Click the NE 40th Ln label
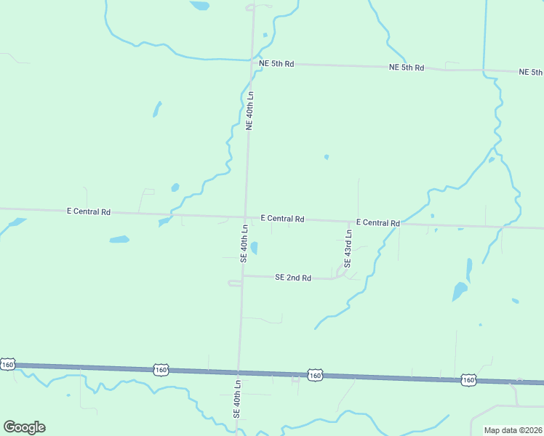tap(249, 110)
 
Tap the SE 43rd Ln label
tap(348, 249)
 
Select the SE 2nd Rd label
tap(293, 278)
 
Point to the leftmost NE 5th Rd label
tap(276, 64)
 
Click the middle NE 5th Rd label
tap(407, 68)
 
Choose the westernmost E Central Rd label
tap(89, 212)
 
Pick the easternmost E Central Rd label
tap(378, 223)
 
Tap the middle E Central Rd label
tap(283, 219)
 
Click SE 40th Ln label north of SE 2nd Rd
tap(244, 243)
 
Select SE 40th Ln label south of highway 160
tap(236, 397)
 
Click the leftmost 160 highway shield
tap(8, 364)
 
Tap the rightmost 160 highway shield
tap(468, 379)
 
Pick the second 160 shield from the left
tap(161, 370)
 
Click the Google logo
tap(25, 427)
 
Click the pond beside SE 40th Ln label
tap(254, 249)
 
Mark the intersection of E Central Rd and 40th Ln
tap(245, 217)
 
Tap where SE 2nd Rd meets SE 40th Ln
tap(242, 275)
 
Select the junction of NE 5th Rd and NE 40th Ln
tap(252, 63)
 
